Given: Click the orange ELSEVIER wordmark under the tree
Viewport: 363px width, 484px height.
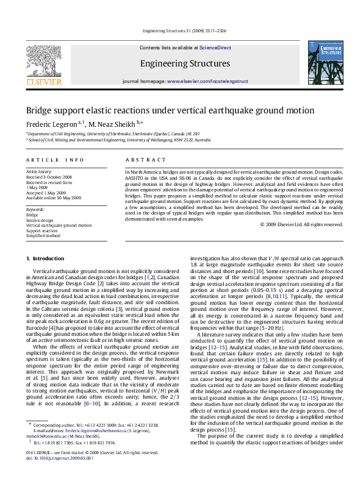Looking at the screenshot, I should tap(43, 82).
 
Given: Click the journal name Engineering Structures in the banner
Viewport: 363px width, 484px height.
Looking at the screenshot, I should tap(185, 63).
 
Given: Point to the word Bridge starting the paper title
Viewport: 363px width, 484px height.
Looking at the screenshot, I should tap(37, 111).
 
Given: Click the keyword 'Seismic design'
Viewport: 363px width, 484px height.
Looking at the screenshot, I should tap(40, 220).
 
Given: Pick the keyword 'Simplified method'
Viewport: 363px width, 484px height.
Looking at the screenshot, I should tap(43, 235).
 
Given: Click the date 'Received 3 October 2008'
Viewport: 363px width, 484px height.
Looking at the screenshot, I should tap(49, 177).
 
